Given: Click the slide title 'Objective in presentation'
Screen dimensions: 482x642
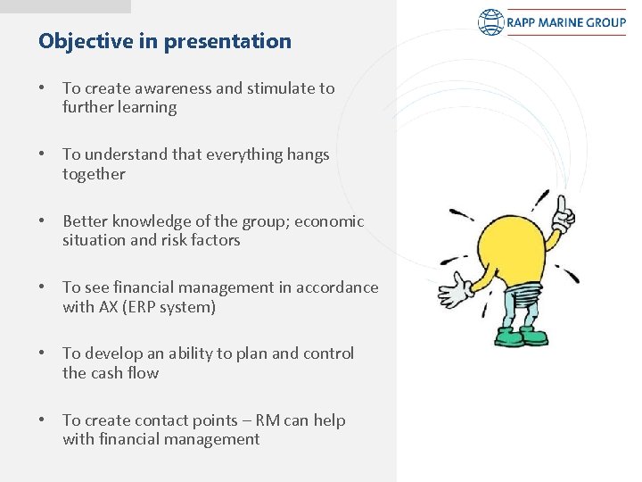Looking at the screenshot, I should click(165, 41).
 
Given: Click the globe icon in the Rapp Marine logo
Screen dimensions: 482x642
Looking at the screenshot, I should click(490, 22).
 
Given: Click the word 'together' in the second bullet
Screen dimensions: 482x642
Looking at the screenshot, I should click(94, 174).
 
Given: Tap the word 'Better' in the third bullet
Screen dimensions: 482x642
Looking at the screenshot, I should click(86, 221).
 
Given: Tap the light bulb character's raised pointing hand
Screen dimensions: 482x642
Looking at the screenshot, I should click(564, 214).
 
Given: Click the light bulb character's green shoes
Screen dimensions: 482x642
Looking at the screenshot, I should click(521, 337).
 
